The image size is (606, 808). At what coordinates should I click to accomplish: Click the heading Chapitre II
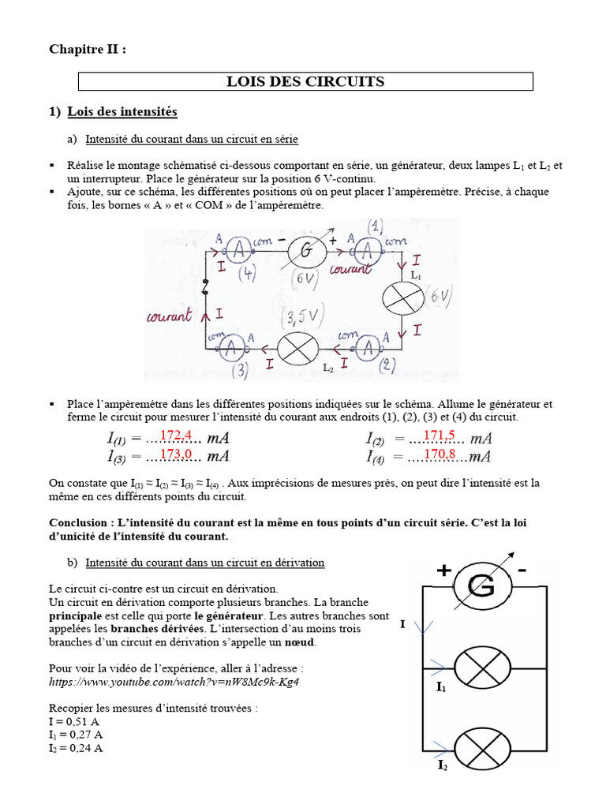[87, 49]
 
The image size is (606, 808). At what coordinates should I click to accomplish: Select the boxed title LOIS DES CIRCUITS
[305, 81]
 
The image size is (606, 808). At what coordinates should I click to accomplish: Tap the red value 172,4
[176, 436]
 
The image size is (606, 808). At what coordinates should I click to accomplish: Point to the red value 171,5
[440, 436]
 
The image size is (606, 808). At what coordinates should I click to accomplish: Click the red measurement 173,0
[176, 454]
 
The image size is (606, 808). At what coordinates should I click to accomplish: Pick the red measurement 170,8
[440, 455]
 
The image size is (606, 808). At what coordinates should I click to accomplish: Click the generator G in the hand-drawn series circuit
[306, 252]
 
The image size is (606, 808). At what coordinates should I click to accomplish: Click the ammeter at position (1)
[365, 251]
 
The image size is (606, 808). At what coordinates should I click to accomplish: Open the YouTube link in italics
[174, 681]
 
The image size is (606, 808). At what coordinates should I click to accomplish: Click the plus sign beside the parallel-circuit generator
[443, 571]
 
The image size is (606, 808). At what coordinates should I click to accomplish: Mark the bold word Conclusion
[80, 522]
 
